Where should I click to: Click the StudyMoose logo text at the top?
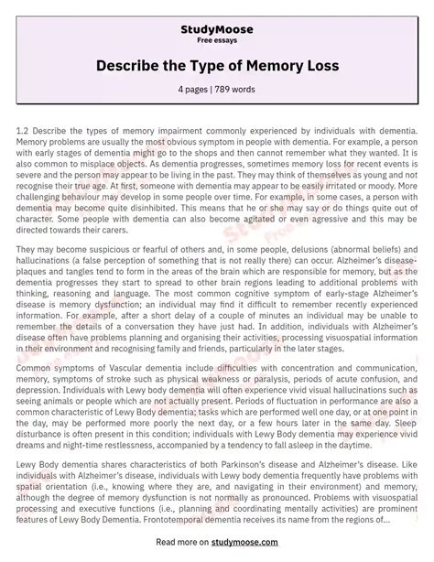pyautogui.click(x=217, y=15)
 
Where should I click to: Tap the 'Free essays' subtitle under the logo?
pyautogui.click(x=217, y=27)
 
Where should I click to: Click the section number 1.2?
pyautogui.click(x=25, y=134)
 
